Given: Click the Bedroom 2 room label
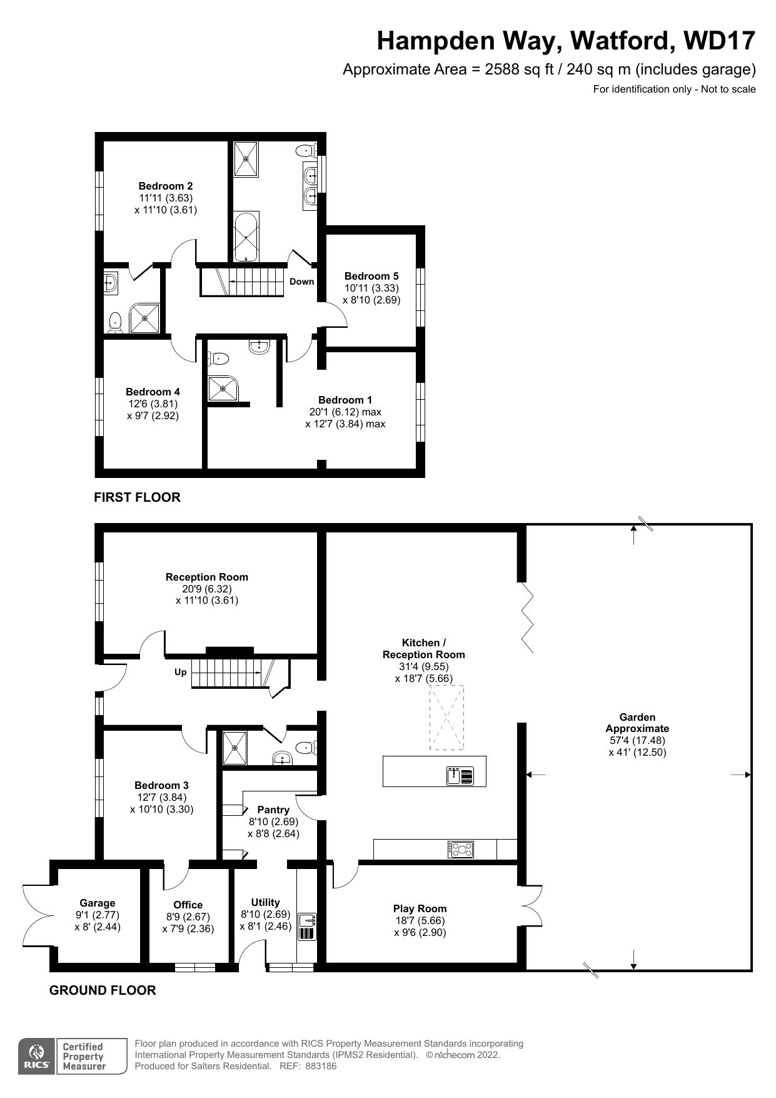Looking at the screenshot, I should click(165, 186).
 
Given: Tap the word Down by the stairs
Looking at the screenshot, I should click(301, 282).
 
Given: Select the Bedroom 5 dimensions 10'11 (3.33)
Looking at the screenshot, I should click(371, 288).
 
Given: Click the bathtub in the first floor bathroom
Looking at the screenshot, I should click(246, 236).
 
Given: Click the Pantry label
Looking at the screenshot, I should click(273, 810).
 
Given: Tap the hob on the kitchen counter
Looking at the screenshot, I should click(461, 850).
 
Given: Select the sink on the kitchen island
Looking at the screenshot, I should click(460, 776).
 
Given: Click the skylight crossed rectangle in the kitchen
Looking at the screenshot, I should click(446, 717).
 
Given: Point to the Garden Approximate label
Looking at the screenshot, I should click(637, 723).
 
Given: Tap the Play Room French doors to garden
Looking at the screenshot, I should click(531, 907).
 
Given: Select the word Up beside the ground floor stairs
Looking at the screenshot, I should click(180, 673).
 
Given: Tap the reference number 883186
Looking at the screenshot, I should click(321, 1066).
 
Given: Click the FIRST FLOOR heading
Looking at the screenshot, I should click(137, 497).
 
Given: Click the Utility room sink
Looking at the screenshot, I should click(308, 920).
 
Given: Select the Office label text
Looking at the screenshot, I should click(188, 905).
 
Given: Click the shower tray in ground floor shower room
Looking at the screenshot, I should click(235, 748).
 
